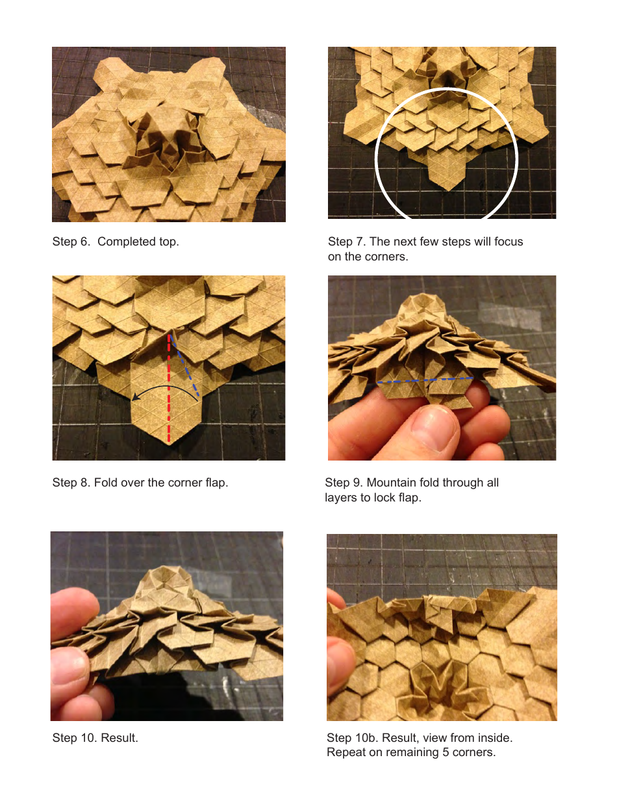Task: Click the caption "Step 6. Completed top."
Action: click(x=116, y=242)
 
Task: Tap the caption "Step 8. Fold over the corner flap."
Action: click(x=140, y=483)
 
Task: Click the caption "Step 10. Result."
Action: click(x=95, y=738)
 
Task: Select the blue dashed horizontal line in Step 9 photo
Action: click(x=425, y=379)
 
